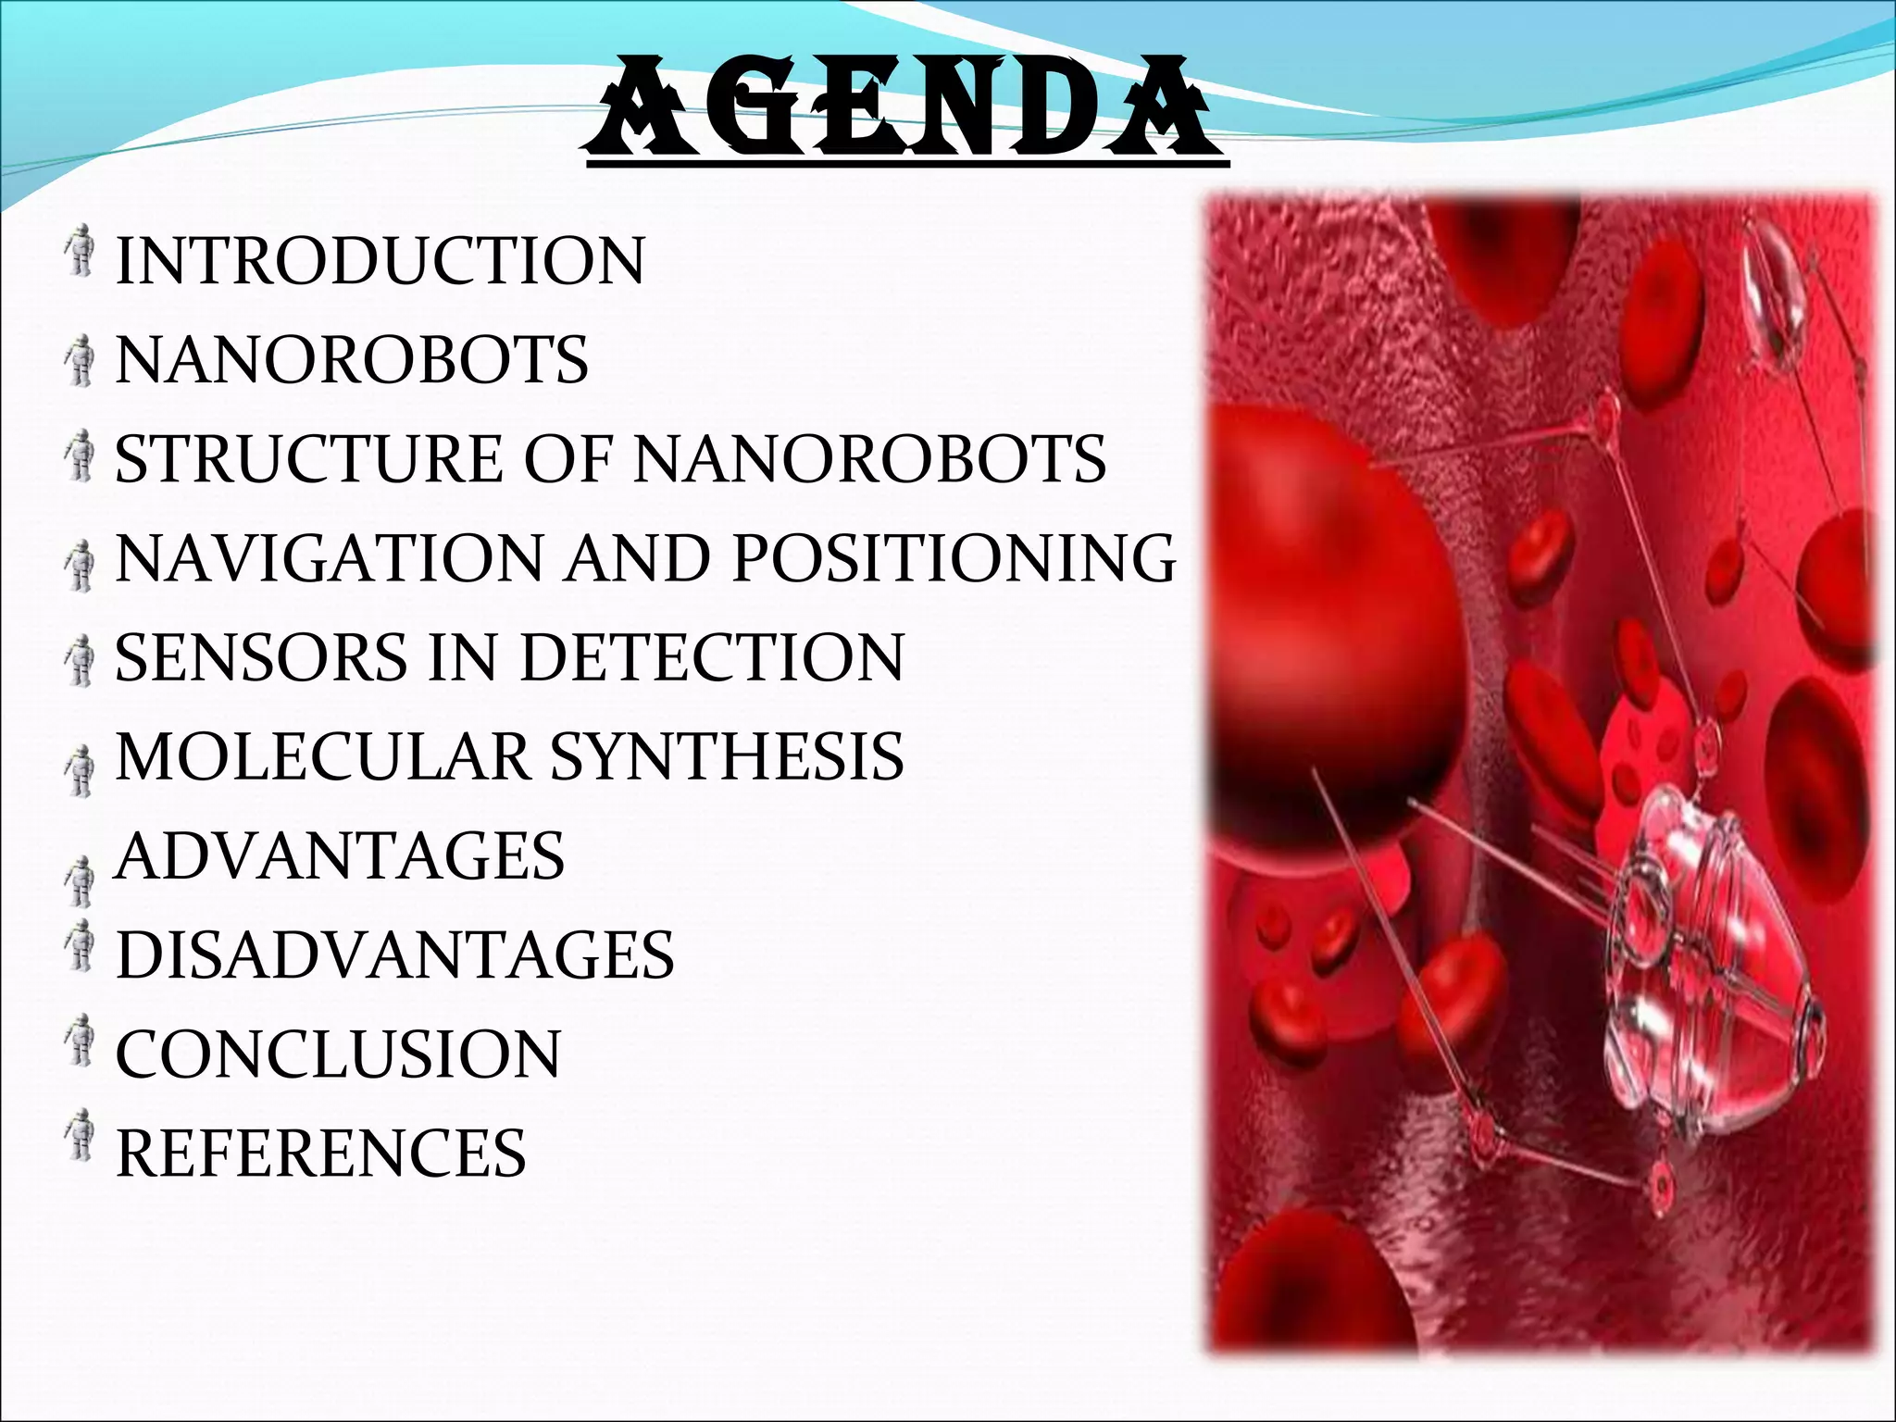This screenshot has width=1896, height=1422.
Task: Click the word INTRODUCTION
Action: pos(380,261)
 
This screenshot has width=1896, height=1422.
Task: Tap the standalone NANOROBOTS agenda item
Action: pos(352,360)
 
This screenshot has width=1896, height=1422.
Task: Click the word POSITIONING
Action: pos(954,558)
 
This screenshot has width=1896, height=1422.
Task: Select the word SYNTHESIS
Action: pos(727,756)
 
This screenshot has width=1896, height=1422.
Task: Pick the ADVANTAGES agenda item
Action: pos(340,855)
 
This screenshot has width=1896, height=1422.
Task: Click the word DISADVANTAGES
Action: pos(395,954)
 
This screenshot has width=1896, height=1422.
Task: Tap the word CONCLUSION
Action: pos(338,1054)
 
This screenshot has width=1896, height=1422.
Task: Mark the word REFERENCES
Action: pos(320,1153)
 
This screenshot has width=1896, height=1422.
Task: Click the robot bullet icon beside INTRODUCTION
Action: pos(81,252)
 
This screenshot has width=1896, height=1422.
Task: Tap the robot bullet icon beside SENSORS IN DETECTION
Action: pos(81,659)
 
